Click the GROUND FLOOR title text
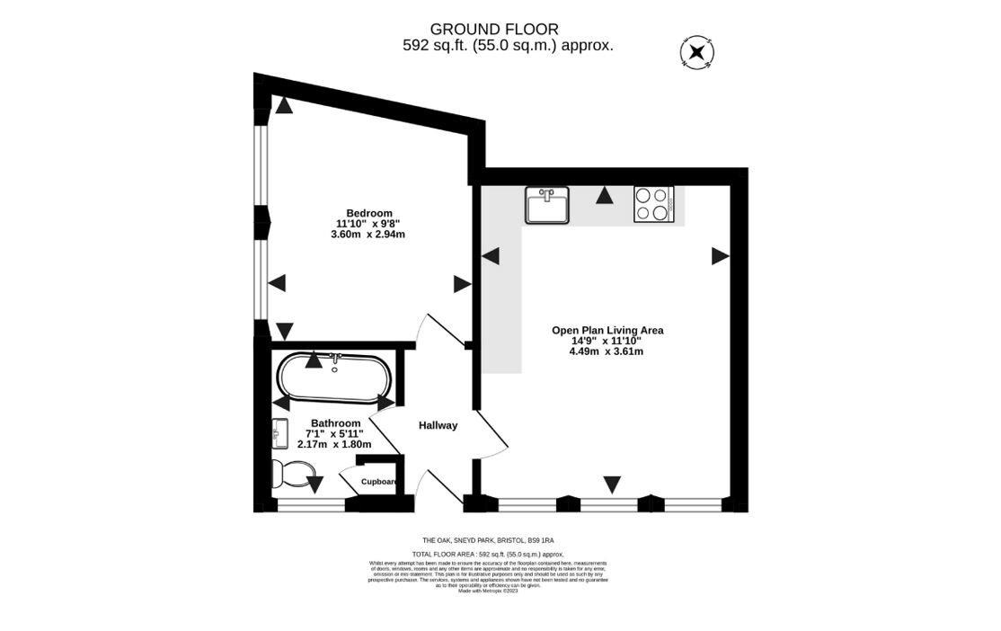(494, 30)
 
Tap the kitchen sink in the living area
(547, 205)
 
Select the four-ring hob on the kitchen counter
(653, 204)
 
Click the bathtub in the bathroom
(333, 378)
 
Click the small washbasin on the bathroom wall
(277, 435)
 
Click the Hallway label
(438, 426)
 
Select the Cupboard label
(379, 482)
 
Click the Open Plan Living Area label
(607, 330)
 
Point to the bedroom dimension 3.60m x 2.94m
(368, 235)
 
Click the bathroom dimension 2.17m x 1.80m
(334, 444)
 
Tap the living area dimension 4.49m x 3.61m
(607, 351)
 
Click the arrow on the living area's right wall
(720, 256)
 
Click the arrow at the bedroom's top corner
(284, 106)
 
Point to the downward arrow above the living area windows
(612, 484)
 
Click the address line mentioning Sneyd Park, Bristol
(488, 540)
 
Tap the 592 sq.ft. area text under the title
(508, 46)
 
